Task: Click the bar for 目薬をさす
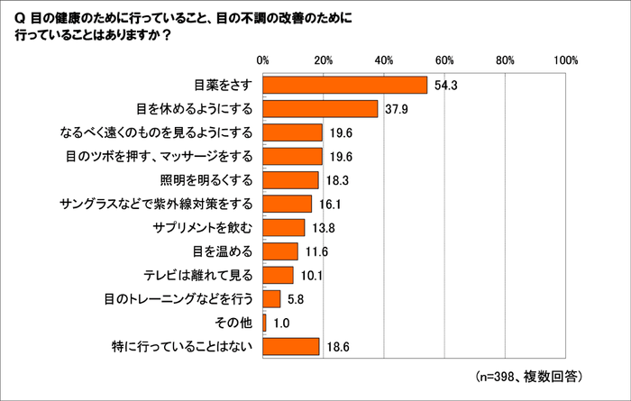tap(345, 85)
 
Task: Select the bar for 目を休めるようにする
tap(320, 108)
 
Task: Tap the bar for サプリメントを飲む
tap(284, 227)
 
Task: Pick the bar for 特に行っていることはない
tap(291, 346)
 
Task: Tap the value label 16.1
tap(330, 205)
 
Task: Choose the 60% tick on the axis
tap(444, 59)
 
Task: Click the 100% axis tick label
tap(565, 59)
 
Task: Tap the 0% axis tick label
tap(263, 59)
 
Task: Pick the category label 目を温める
tap(223, 251)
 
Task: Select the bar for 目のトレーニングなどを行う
tap(271, 298)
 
